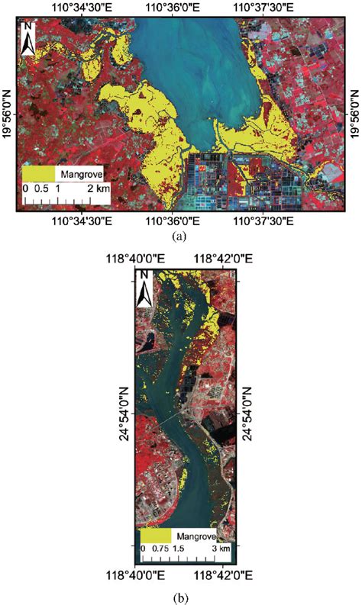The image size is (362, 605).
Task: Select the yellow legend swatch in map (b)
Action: [x=156, y=536]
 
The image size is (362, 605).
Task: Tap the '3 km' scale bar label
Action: [x=221, y=549]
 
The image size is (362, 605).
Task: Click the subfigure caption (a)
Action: [x=180, y=237]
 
